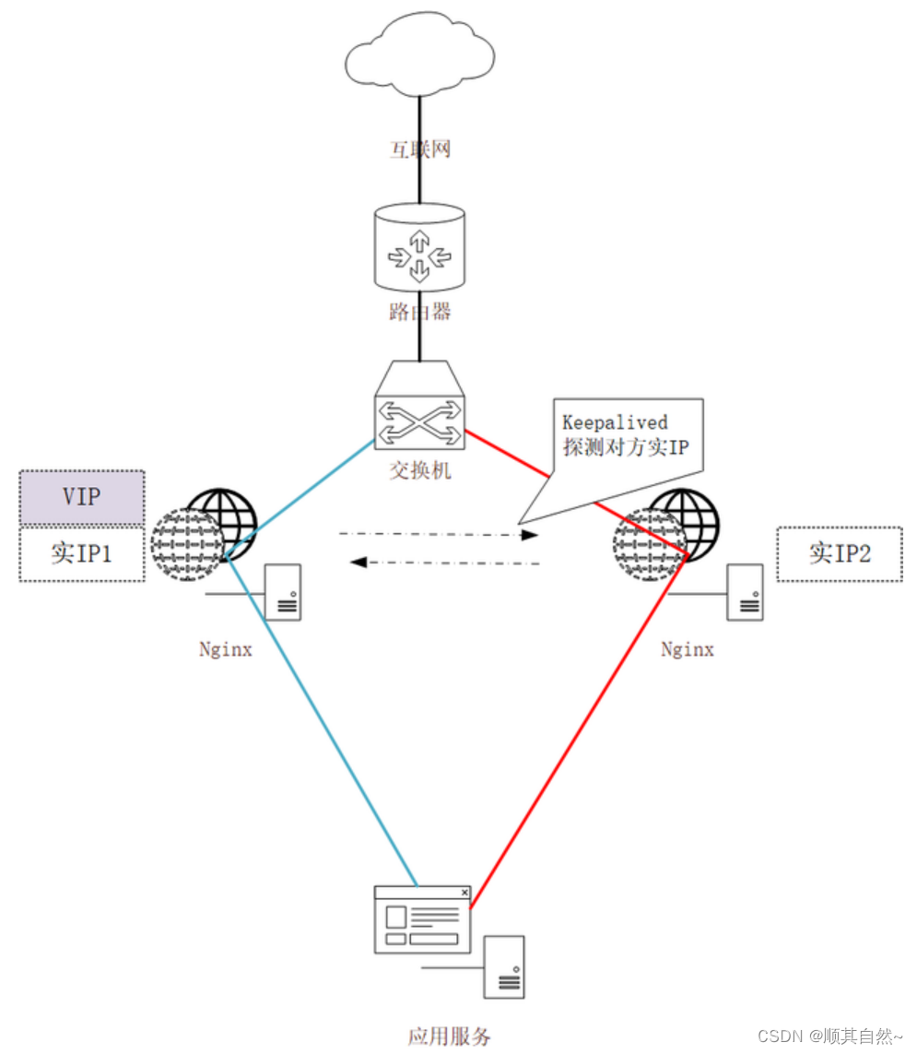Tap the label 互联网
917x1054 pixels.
point(420,149)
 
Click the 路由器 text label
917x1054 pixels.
point(420,312)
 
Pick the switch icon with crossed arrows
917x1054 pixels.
point(420,408)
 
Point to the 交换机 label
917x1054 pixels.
point(420,470)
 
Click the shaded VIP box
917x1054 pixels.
point(82,498)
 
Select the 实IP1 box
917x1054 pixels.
point(82,553)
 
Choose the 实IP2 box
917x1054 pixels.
point(839,554)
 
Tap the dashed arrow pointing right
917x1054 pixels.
point(438,534)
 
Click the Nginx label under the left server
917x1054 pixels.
point(226,649)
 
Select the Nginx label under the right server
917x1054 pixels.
point(688,649)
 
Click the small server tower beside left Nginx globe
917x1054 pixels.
point(283,592)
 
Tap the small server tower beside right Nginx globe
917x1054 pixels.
point(745,592)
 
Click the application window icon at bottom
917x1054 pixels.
point(421,919)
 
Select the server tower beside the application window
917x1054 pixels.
point(505,966)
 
